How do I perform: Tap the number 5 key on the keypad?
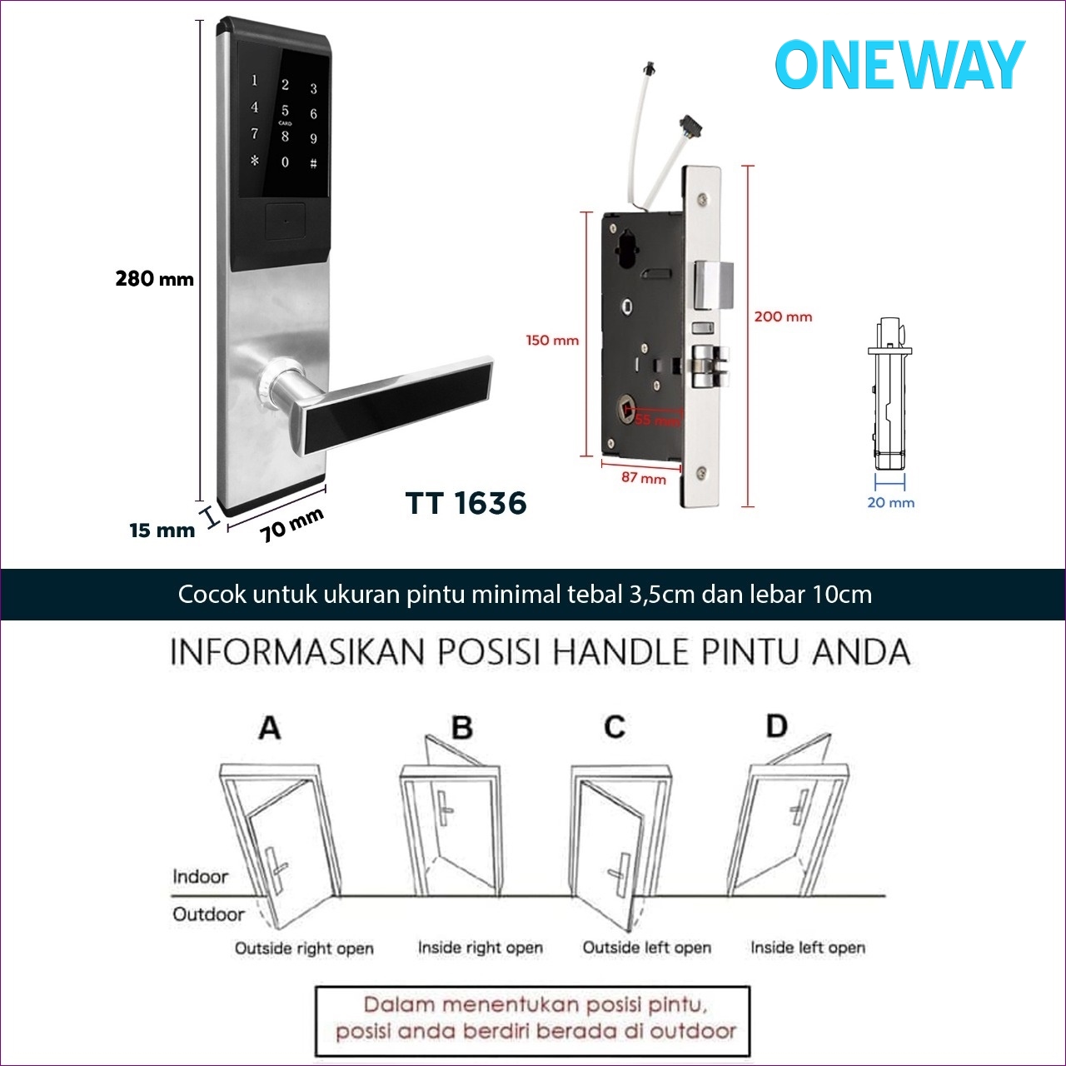285,110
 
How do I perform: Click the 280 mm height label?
154,279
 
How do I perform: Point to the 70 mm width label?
291,525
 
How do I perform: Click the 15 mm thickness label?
162,531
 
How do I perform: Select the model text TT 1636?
466,503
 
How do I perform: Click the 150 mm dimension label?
551,340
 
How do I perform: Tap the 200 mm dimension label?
783,316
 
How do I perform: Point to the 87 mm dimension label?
643,478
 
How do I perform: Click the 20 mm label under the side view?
890,502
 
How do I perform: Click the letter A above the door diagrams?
269,728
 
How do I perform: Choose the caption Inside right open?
480,948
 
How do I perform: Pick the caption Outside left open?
646,948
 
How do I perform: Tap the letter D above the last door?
776,726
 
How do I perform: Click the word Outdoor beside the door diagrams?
208,914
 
